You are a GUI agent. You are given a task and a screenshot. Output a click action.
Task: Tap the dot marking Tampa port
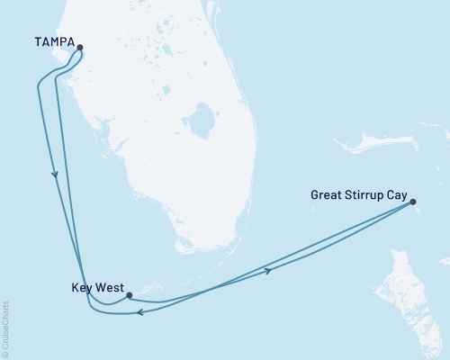(79, 48)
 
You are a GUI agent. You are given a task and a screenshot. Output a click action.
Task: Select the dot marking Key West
(130, 294)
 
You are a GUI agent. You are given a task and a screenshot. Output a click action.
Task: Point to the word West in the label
(109, 289)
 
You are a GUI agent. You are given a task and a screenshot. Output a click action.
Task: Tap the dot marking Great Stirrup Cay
(412, 202)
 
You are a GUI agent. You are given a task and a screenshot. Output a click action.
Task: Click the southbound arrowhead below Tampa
(57, 175)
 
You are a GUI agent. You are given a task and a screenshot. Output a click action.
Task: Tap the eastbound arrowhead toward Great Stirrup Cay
(267, 269)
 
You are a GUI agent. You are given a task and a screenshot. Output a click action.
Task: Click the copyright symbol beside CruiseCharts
(6, 353)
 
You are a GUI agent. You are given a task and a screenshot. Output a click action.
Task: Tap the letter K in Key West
(74, 289)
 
